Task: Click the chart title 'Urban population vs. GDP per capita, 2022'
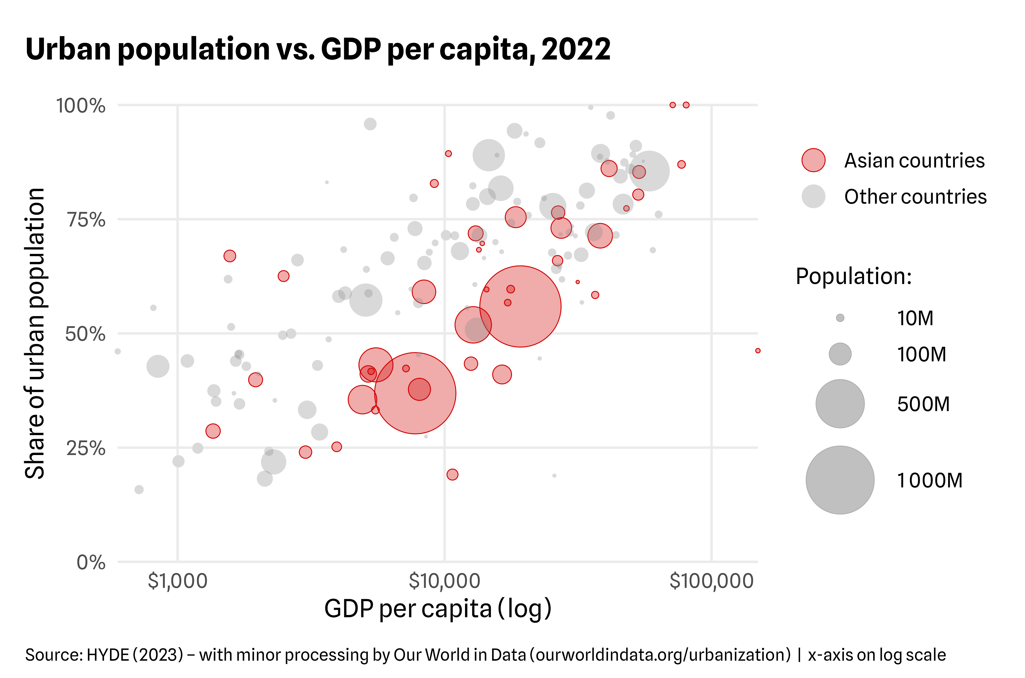(318, 49)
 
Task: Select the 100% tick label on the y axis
(81, 106)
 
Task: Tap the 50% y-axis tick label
(85, 334)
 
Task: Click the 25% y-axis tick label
(86, 448)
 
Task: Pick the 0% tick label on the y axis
(91, 562)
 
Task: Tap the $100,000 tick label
(711, 581)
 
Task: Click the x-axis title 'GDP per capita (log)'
(438, 609)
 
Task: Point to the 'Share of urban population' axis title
(35, 333)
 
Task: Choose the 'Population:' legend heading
(853, 276)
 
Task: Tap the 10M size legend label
(915, 318)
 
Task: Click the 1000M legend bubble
(840, 480)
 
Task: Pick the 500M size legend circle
(840, 404)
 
